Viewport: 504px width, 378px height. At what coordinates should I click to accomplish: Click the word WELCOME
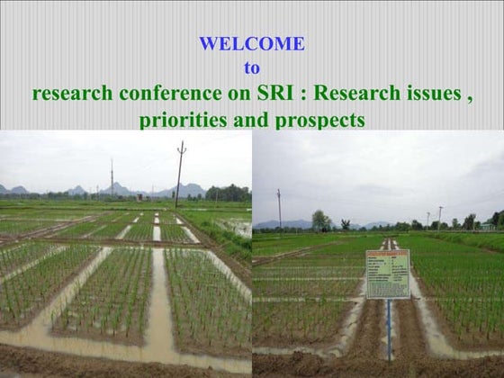251,43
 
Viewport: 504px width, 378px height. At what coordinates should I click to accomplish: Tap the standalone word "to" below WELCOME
252,67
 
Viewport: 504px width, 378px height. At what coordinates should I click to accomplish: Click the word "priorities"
184,120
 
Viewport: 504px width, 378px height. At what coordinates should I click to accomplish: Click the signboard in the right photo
387,274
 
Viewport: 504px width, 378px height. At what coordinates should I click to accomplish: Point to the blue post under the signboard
388,328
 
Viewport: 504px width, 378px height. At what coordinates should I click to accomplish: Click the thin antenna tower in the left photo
112,177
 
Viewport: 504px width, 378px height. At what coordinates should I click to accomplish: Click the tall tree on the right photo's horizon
320,220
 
